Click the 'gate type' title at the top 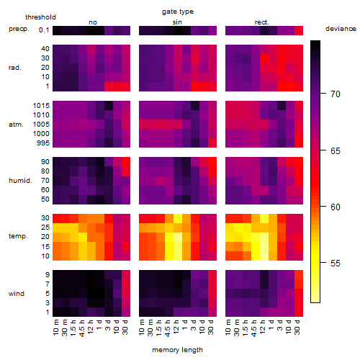point(178,12)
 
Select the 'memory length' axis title point(177,350)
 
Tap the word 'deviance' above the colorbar point(341,29)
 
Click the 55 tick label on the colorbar point(336,264)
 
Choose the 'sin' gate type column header point(177,22)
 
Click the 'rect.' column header point(262,22)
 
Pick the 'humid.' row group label point(20,180)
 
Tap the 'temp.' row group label point(18,236)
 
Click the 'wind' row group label point(17,293)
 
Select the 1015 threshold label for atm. point(41,105)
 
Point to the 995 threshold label point(43,143)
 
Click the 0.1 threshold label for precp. point(44,30)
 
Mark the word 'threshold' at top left point(40,17)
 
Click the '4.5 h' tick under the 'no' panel point(81,328)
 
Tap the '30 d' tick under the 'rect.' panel point(297,327)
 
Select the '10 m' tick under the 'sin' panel point(142,328)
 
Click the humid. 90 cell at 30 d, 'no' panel point(126,162)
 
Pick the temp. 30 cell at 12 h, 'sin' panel point(178,218)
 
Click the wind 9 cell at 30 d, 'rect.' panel point(299,275)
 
